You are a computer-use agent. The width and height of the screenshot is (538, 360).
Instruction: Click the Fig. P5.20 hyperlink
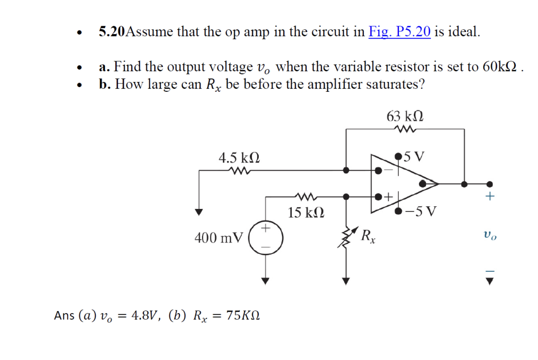click(x=399, y=32)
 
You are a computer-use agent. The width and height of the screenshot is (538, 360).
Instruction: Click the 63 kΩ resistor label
click(x=405, y=116)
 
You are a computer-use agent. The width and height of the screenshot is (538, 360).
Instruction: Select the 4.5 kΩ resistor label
click(x=239, y=157)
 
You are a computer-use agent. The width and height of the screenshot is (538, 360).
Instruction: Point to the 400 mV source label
click(x=218, y=238)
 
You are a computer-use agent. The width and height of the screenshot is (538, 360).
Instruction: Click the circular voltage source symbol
click(x=265, y=238)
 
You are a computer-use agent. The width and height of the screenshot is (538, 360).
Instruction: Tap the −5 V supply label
click(x=421, y=211)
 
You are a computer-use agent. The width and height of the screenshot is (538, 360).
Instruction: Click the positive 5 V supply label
click(x=415, y=155)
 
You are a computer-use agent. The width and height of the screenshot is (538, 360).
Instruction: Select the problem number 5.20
click(x=111, y=32)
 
